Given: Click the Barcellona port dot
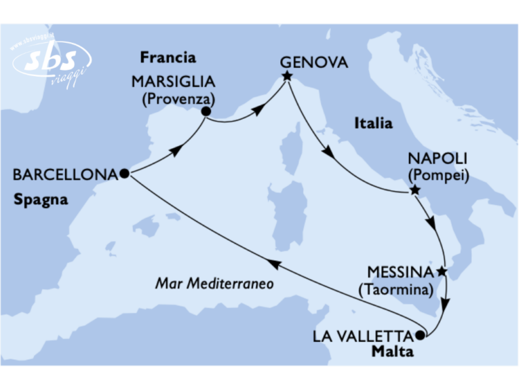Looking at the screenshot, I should [124, 173].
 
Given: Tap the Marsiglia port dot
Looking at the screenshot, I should [206, 113].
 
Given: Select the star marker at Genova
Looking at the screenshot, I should [287, 76].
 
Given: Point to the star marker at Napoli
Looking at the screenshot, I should [414, 191].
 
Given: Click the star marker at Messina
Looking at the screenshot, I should [442, 272].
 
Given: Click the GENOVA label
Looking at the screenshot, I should [314, 62].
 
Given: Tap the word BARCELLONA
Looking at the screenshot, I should [65, 174].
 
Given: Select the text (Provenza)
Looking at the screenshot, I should [174, 99].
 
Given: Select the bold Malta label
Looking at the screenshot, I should [394, 351].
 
